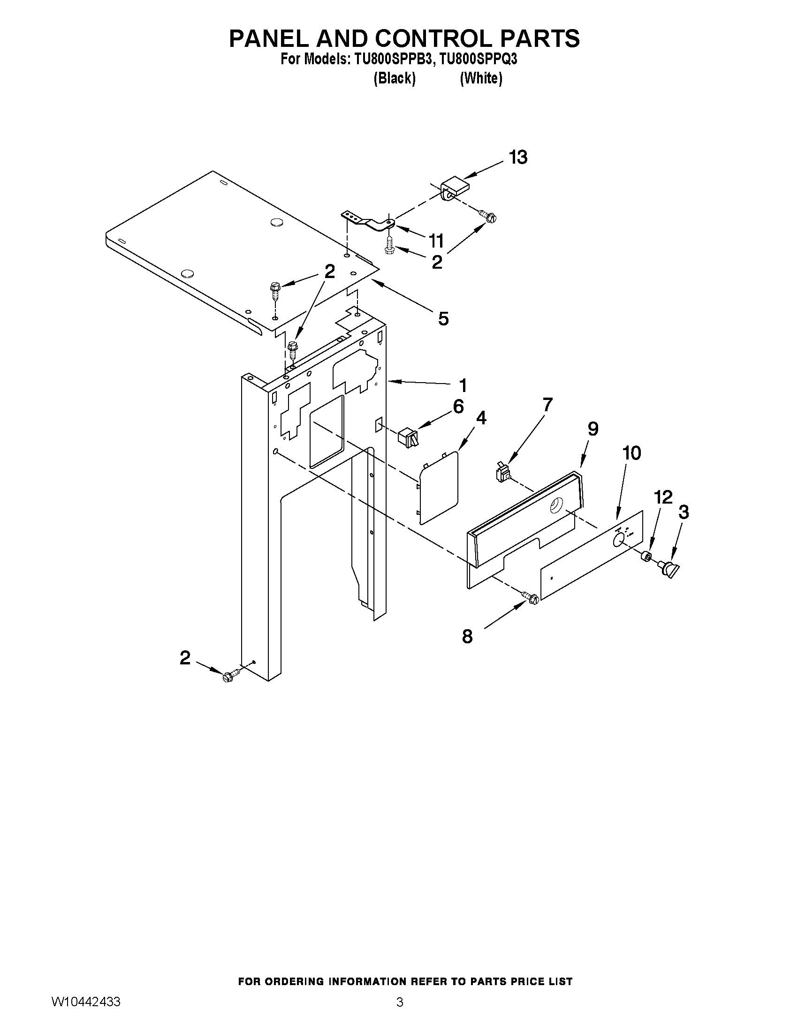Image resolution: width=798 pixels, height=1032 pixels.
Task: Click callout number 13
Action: click(518, 158)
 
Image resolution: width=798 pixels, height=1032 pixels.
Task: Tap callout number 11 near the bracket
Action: click(436, 241)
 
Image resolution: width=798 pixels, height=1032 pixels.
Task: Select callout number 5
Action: click(443, 319)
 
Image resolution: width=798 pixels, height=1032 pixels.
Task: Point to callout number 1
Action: click(463, 385)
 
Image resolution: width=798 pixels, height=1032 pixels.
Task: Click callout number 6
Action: click(458, 407)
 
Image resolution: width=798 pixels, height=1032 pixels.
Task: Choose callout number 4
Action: click(481, 418)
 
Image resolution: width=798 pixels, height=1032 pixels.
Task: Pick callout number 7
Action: click(547, 405)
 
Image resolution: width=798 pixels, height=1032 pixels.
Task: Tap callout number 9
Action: click(593, 429)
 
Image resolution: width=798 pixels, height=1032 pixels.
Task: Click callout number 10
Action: click(631, 453)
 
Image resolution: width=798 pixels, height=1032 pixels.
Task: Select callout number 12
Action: click(663, 497)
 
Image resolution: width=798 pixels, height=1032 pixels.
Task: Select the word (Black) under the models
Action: click(394, 78)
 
